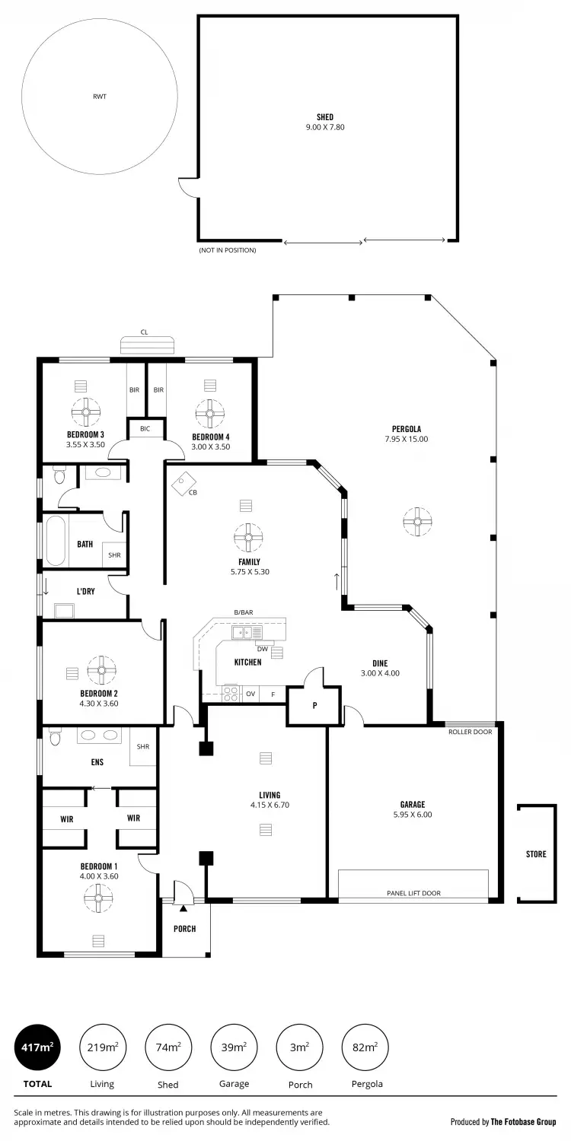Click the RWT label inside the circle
point(100,97)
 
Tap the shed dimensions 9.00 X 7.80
point(325,127)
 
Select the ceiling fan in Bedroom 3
point(85,413)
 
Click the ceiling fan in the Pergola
point(416,521)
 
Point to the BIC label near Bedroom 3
point(145,429)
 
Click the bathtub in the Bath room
point(56,541)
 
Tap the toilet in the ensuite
point(55,737)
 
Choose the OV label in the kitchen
point(250,694)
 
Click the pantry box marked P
point(313,706)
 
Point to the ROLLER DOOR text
point(471,732)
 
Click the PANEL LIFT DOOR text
point(413,893)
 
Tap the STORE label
point(536,854)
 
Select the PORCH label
point(184,929)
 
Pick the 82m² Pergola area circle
point(365,1047)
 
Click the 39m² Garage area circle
point(234,1047)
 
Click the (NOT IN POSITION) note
point(228,250)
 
